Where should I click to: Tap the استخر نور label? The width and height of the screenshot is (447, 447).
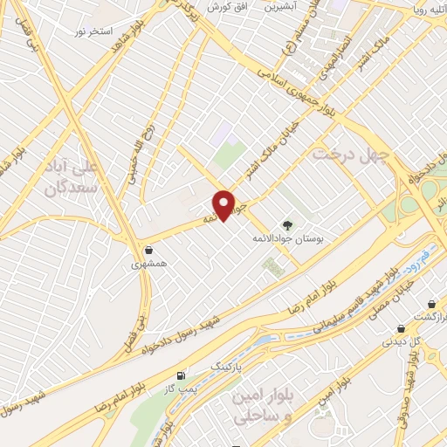pos(92,31)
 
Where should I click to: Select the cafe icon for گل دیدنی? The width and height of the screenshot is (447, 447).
pos(401,328)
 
